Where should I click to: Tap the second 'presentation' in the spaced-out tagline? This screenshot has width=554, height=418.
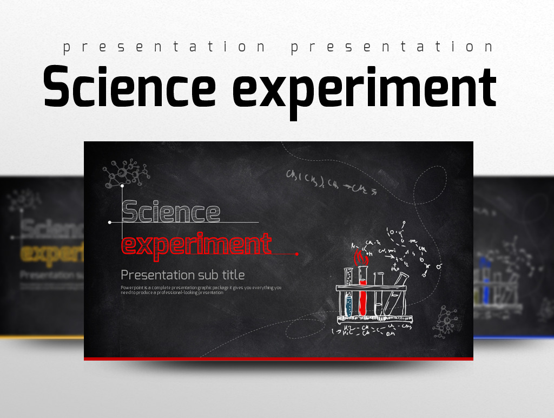392,48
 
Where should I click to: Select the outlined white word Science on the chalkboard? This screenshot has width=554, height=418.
171,212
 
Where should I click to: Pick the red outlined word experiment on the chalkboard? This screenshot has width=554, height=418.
196,244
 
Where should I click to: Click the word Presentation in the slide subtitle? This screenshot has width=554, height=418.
157,275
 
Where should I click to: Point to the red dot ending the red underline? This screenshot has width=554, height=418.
296,253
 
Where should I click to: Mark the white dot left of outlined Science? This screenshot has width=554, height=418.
110,222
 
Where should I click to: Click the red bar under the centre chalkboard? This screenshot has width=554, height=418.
278,358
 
